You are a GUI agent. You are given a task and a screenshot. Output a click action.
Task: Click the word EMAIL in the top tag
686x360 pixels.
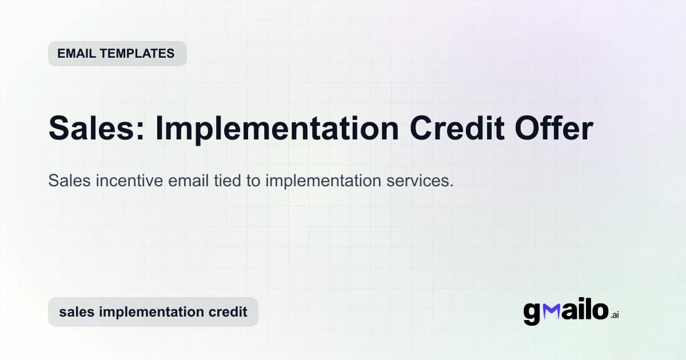(75, 54)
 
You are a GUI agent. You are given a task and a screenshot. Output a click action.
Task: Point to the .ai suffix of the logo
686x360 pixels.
(615, 315)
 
